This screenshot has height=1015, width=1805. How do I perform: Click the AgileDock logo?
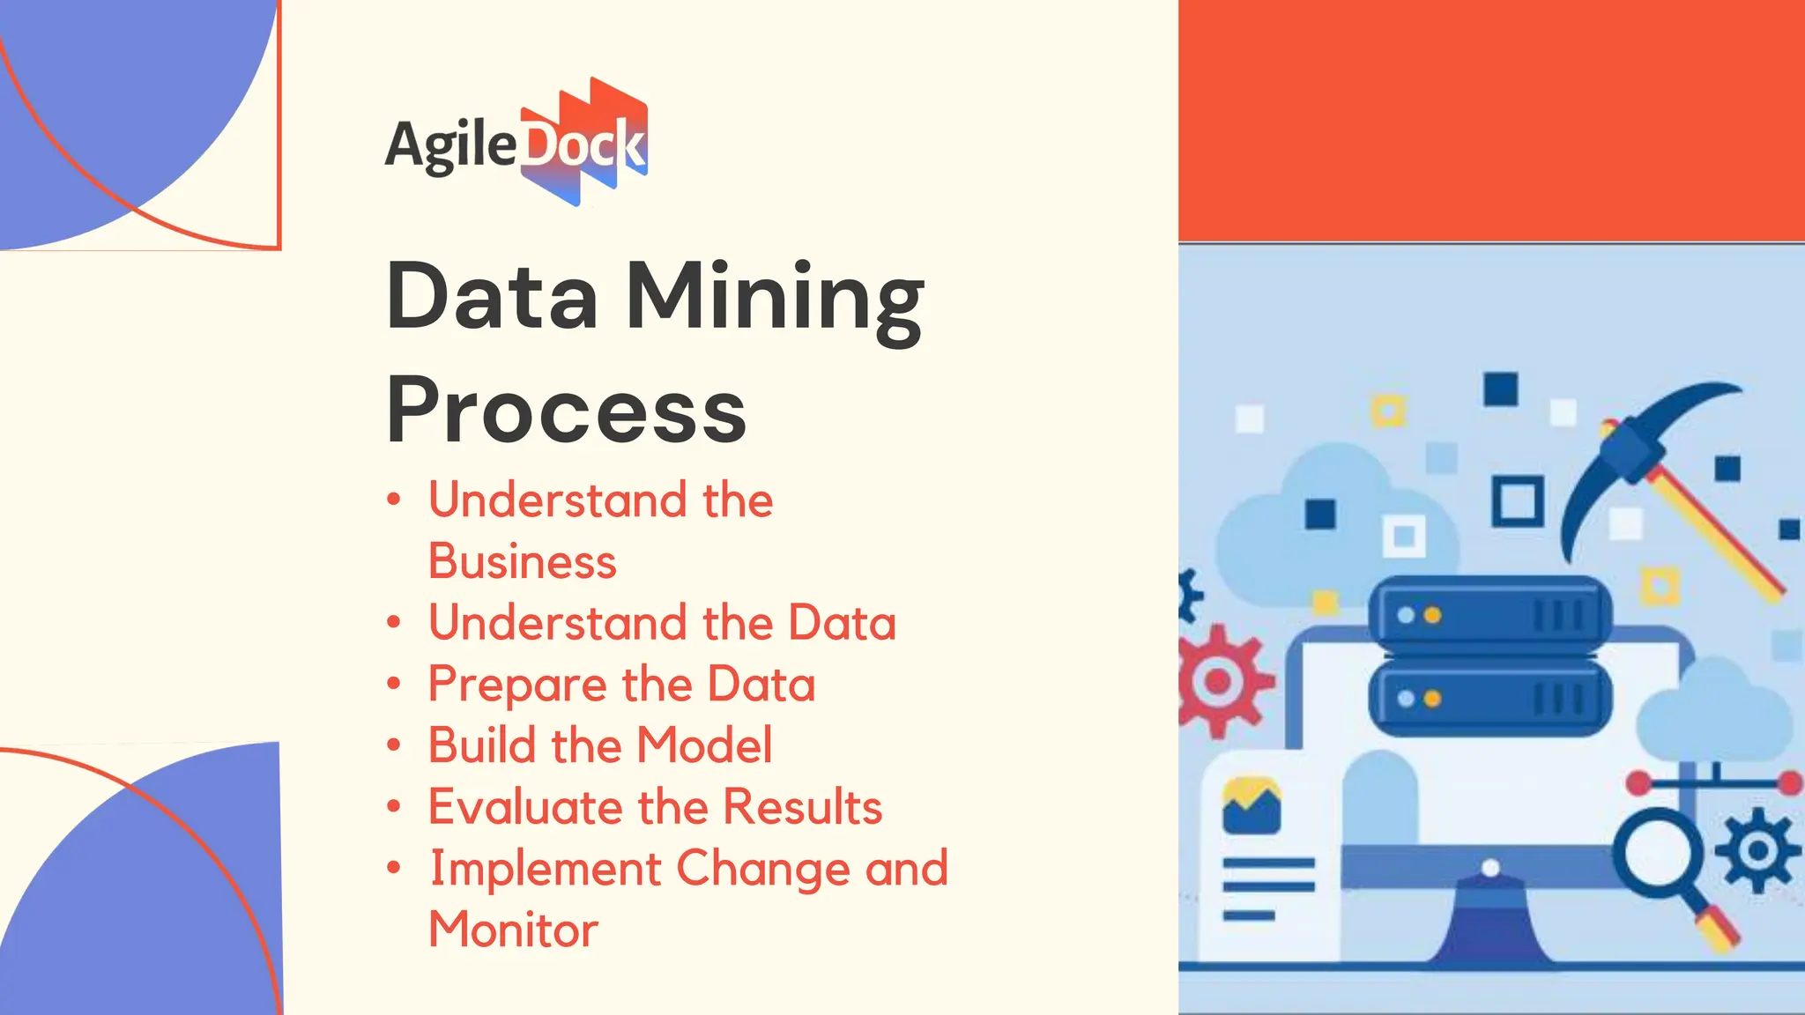click(x=517, y=143)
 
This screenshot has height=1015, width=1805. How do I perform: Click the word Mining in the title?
click(x=775, y=300)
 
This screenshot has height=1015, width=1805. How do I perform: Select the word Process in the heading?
click(x=566, y=411)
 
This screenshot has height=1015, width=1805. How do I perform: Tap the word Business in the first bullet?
click(x=522, y=562)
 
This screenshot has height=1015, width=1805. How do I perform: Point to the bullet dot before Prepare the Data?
click(x=394, y=684)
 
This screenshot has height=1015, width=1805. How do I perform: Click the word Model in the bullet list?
click(x=704, y=745)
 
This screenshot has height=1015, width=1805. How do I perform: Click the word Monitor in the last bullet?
click(x=513, y=930)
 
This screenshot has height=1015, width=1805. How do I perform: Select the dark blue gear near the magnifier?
click(x=1757, y=850)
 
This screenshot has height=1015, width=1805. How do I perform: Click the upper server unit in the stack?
click(x=1489, y=614)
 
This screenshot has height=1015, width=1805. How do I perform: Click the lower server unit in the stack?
click(x=1489, y=699)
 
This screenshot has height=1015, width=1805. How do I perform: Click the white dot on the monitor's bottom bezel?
click(x=1490, y=868)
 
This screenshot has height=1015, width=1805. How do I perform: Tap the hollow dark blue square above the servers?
click(x=1518, y=501)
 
